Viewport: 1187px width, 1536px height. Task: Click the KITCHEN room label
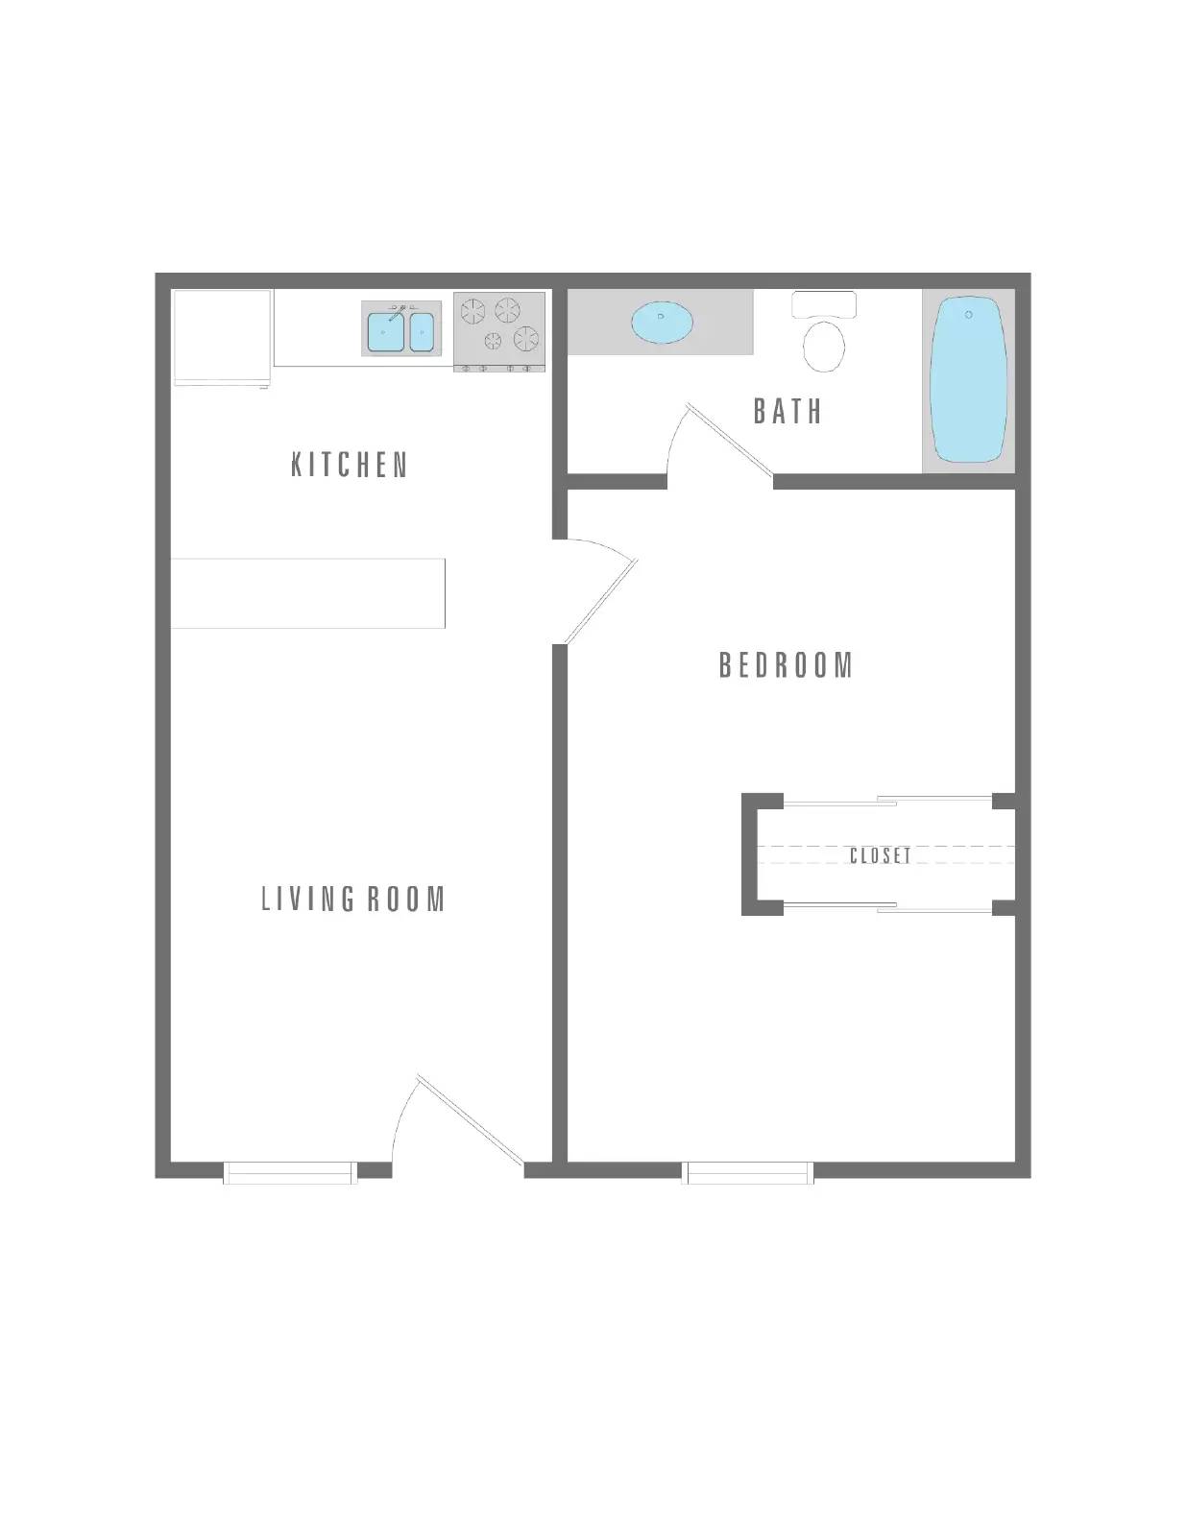(350, 466)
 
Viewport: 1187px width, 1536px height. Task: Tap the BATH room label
(787, 412)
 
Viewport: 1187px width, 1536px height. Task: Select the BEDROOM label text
(786, 665)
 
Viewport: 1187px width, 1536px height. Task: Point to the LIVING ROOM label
(353, 900)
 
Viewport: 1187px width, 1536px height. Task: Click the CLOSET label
(881, 855)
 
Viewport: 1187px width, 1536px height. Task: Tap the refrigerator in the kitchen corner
(222, 337)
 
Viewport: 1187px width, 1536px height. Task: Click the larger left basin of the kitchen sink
(385, 331)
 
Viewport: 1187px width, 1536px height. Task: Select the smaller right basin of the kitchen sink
(423, 331)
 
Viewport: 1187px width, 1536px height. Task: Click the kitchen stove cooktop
(499, 327)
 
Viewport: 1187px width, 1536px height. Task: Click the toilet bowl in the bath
(823, 346)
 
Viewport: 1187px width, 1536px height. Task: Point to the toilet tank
(823, 303)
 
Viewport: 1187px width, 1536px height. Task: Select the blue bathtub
(968, 380)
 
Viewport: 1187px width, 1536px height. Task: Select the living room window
(290, 1172)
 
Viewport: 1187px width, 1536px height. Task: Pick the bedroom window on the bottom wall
(747, 1172)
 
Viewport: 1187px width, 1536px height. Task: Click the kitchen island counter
(307, 593)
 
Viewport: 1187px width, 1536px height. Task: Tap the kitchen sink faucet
(397, 311)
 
